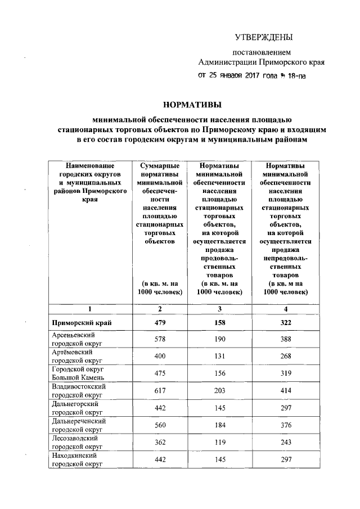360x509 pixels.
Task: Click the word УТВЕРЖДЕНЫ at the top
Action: [264, 38]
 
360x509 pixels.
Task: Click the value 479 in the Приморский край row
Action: [160, 323]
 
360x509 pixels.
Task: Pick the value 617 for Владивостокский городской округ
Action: [160, 391]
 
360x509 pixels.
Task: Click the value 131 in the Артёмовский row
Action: [219, 357]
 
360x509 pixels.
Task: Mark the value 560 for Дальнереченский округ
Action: [160, 425]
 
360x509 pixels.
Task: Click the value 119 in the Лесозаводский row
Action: [219, 442]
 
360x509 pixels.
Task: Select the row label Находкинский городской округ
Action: [76, 460]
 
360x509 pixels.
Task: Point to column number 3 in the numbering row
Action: [219, 309]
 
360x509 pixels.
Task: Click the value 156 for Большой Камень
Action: [219, 374]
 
